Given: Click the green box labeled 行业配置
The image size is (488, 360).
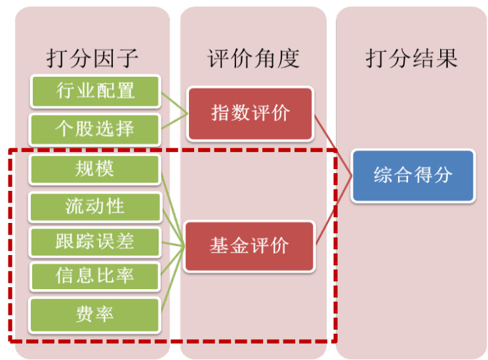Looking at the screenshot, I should click(x=95, y=91).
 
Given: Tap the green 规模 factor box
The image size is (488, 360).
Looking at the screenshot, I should click(x=95, y=169).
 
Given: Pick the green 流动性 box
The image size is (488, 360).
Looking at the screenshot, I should click(x=95, y=207).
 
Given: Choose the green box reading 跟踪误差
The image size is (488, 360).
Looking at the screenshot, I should click(x=95, y=241).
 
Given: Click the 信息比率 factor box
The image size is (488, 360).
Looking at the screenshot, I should click(x=95, y=276).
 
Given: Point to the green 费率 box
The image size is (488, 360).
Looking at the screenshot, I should click(x=95, y=313).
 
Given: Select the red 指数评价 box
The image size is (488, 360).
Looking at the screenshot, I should click(x=251, y=113).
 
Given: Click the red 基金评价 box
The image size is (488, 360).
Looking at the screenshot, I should click(x=249, y=247).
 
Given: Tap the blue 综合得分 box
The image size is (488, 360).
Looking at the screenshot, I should click(x=413, y=176).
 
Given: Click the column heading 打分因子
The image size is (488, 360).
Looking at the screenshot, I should click(x=92, y=58).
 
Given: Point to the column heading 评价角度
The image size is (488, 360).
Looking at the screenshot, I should click(x=253, y=58).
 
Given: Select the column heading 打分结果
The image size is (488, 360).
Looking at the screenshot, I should click(x=411, y=58).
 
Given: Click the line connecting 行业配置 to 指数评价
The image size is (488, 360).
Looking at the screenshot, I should click(x=174, y=102).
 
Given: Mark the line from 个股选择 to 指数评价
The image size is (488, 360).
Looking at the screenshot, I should click(x=174, y=121).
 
